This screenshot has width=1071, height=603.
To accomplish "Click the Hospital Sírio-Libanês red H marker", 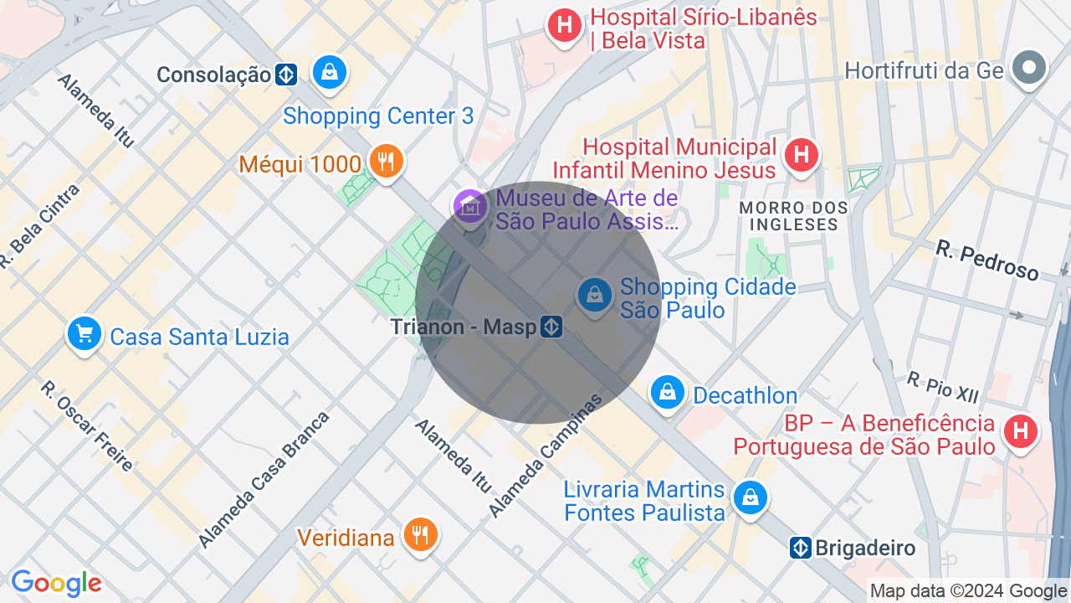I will tap(565, 25).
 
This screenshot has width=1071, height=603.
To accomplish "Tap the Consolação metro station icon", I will tap(286, 75).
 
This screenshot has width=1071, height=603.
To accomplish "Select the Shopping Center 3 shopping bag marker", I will tap(330, 72).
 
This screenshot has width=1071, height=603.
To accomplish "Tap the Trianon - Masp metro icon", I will tap(551, 327).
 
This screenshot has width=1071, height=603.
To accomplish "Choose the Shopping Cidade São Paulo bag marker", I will tap(594, 296).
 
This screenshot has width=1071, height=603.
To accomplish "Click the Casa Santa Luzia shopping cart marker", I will tap(85, 335).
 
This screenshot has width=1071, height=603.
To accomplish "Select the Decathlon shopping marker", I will tap(668, 392).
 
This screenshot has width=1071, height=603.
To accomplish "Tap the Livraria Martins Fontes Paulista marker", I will tap(751, 497).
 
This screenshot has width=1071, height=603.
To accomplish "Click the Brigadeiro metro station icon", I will tap(801, 549).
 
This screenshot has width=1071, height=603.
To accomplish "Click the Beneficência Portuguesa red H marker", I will tap(1020, 431).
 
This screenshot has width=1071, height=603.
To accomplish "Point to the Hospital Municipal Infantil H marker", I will tap(801, 154).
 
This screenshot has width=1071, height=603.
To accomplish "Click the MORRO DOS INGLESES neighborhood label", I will tap(793, 216).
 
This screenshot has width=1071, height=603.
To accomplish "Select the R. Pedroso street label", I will tap(986, 260).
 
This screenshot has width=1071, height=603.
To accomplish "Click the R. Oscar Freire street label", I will tap(87, 426).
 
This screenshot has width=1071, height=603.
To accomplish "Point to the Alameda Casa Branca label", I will tap(264, 480).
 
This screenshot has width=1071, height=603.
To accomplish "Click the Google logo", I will tap(56, 583).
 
